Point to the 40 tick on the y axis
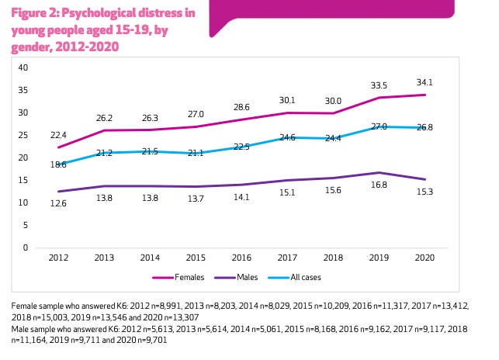point(23,67)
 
